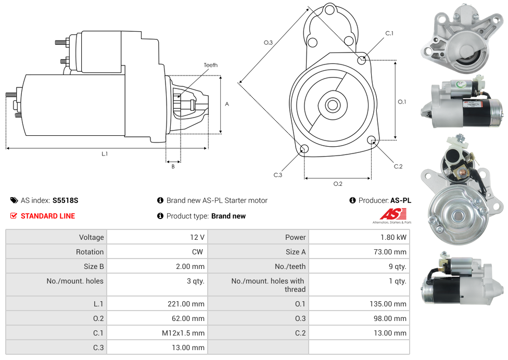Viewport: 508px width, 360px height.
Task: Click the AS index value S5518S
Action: point(65,200)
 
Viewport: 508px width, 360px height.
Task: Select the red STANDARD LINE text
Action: point(47,216)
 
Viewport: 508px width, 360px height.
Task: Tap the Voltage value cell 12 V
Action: point(197,237)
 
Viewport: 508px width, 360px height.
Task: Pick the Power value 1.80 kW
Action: point(394,237)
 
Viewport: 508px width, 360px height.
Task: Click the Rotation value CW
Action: point(199,252)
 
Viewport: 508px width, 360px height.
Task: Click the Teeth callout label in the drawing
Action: point(211,65)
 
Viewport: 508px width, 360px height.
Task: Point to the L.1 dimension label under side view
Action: point(105,153)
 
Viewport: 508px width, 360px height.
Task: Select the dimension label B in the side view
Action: point(173,166)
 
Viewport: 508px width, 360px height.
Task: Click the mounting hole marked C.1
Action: point(362,60)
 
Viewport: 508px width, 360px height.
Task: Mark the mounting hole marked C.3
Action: point(304,150)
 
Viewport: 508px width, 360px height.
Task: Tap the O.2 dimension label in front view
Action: point(337,184)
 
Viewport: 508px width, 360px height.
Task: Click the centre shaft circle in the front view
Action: point(332,105)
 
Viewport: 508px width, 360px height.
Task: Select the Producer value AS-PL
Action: point(400,200)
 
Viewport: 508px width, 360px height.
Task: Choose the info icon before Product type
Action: point(160,216)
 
